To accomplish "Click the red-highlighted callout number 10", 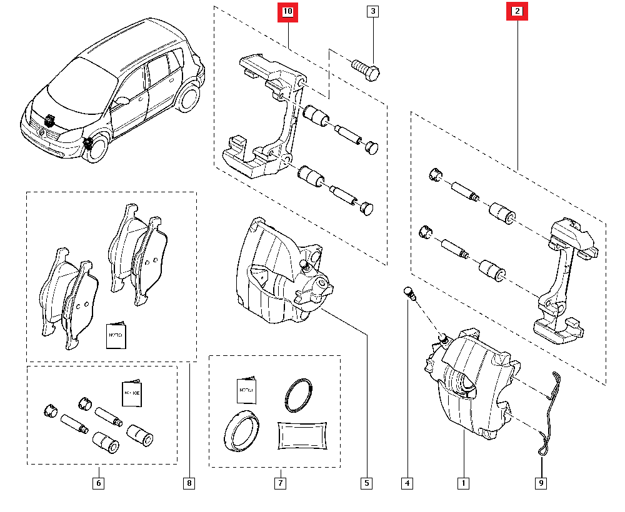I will point(288,12).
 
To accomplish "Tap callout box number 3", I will point(372,11).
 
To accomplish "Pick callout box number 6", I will point(98,483).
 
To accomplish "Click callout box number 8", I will point(189,483).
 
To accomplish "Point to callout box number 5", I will point(366,483).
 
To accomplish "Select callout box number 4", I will point(407,483).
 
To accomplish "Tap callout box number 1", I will point(463,483).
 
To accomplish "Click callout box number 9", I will point(541,483).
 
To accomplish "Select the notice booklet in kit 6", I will point(130,393).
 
